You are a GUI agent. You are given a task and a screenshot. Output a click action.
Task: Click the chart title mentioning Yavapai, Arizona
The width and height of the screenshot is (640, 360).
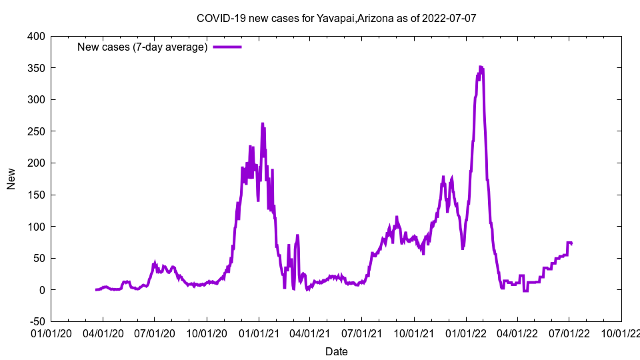pos(336,18)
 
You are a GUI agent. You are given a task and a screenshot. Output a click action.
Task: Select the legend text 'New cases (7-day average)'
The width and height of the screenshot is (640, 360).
pos(143,47)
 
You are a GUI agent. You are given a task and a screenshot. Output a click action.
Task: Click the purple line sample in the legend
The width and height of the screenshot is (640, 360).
pos(227,47)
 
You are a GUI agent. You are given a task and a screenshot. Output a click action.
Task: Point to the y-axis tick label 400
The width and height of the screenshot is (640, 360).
pos(36,37)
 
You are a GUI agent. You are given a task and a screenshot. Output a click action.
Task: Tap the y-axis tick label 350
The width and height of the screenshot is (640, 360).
pos(36,68)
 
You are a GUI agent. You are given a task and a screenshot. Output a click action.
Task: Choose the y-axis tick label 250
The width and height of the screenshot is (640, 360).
pos(36,131)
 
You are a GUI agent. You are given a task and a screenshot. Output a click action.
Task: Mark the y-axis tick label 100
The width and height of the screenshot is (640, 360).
pos(36,227)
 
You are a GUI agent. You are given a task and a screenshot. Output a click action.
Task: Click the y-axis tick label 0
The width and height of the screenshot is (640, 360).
pos(42,290)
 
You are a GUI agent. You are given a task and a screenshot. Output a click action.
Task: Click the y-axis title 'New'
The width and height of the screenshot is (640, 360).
pos(11,179)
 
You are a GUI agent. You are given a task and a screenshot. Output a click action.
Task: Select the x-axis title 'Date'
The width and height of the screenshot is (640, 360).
pos(336,351)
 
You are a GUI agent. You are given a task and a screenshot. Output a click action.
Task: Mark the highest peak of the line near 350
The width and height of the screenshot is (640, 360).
pos(481,67)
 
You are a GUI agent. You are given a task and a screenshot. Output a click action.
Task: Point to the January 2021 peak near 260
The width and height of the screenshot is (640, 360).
pos(263,124)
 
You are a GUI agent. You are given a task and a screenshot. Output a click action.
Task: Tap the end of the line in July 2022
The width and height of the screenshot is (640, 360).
pos(571,243)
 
